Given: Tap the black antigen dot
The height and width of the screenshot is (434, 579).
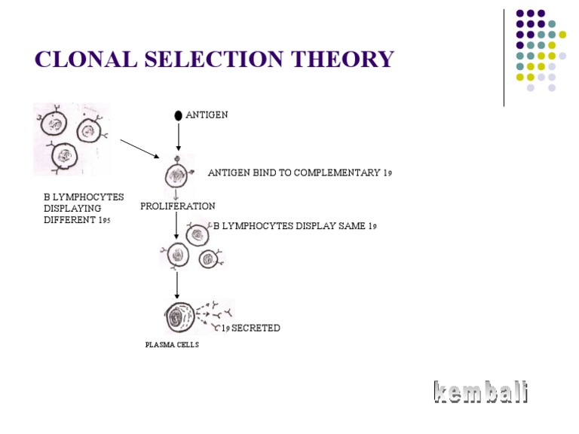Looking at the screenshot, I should pyautogui.click(x=178, y=115).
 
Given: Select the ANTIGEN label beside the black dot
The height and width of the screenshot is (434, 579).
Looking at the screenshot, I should pyautogui.click(x=207, y=115).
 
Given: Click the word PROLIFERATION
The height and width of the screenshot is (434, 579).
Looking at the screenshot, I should pyautogui.click(x=177, y=206).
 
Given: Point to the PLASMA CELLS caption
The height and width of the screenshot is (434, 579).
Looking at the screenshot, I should pyautogui.click(x=173, y=345).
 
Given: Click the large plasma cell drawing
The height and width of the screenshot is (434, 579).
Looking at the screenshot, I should pyautogui.click(x=179, y=317).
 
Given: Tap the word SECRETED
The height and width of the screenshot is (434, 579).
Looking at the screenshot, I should pyautogui.click(x=256, y=328).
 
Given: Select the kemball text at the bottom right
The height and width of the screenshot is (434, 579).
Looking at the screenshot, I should pyautogui.click(x=481, y=393).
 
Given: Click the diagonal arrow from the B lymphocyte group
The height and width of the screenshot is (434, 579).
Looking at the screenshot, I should pyautogui.click(x=139, y=148).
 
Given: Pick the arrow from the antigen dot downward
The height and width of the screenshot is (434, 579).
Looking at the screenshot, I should pyautogui.click(x=178, y=136).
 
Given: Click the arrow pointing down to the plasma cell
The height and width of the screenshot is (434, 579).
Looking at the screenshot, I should pyautogui.click(x=177, y=284).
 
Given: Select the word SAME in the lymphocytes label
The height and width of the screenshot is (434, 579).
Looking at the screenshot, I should pyautogui.click(x=351, y=225).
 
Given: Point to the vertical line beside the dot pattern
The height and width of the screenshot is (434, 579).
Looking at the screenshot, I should pyautogui.click(x=504, y=57).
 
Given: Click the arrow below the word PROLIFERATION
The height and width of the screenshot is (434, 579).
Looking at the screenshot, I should pyautogui.click(x=176, y=225).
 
